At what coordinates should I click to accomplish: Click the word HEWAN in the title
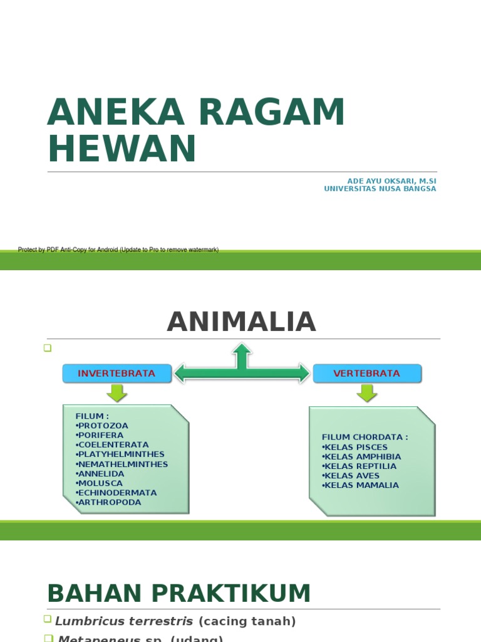[x=122, y=149]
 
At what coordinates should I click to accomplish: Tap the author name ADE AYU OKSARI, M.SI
[x=391, y=181]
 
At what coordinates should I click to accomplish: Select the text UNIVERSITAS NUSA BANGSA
[x=380, y=189]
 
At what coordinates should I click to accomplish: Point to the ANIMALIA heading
[x=241, y=322]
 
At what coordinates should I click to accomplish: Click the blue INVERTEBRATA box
[x=116, y=374]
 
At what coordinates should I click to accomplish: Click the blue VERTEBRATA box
[x=367, y=374]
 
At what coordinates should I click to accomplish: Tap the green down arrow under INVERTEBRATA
[x=116, y=393]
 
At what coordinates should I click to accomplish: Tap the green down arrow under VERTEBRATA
[x=367, y=393]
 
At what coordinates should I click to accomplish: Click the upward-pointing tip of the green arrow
[x=242, y=347]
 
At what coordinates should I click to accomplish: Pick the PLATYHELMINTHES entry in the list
[x=120, y=455]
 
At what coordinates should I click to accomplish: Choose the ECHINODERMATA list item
[x=116, y=493]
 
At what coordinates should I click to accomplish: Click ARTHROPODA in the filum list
[x=108, y=502]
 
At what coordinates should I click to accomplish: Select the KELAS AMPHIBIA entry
[x=361, y=456]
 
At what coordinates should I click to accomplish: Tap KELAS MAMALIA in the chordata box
[x=360, y=485]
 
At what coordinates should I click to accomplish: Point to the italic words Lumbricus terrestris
[x=125, y=621]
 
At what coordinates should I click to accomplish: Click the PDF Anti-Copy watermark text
[x=118, y=250]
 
